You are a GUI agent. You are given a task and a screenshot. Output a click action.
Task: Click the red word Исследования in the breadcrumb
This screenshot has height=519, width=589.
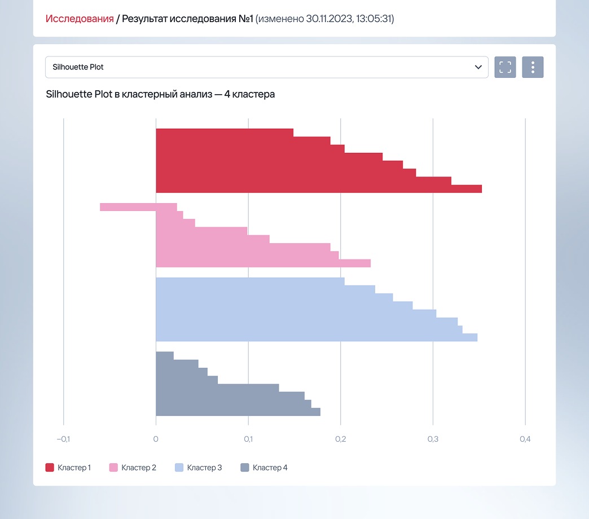click(80, 19)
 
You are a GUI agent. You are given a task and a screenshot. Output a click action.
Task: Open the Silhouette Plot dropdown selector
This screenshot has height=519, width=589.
click(266, 67)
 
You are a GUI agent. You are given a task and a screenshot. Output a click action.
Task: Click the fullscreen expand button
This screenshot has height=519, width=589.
click(505, 67)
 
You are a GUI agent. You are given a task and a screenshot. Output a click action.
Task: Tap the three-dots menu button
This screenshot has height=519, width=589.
click(533, 67)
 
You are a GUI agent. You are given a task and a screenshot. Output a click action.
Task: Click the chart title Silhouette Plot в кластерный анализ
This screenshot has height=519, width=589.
click(160, 94)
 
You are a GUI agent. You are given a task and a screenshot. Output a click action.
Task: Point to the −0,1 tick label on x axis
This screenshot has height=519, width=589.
click(63, 439)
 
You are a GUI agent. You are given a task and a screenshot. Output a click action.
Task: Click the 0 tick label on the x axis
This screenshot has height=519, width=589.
click(156, 439)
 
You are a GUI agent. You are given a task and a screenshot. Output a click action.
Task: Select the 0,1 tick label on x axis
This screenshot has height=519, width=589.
click(248, 439)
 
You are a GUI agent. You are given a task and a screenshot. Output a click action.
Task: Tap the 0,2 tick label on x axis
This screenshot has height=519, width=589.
click(340, 439)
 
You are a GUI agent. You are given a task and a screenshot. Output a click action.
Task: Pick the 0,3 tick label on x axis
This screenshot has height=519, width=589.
click(433, 439)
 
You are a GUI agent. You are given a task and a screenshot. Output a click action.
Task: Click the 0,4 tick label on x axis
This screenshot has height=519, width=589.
click(525, 439)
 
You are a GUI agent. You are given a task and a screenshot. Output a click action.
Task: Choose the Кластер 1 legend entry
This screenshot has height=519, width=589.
click(68, 468)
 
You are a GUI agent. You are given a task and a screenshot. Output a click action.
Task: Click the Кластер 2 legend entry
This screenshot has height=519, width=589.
click(133, 468)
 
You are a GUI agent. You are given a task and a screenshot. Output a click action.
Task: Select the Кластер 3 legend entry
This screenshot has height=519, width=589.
click(198, 468)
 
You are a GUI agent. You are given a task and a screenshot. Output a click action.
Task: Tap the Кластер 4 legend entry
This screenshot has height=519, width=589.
click(264, 468)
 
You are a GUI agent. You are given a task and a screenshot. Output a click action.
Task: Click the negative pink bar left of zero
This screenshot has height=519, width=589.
click(128, 207)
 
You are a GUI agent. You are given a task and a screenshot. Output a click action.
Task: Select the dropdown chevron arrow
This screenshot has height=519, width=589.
click(478, 67)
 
